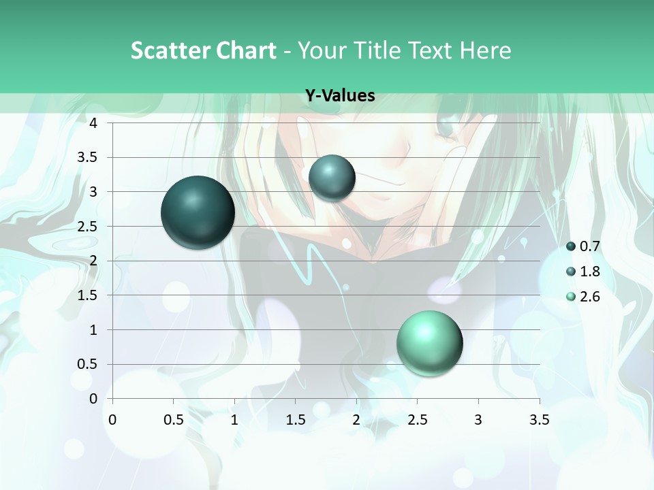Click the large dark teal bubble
click(198, 212)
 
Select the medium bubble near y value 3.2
click(332, 178)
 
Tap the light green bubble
click(429, 343)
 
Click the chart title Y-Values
click(339, 96)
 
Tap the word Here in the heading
click(485, 50)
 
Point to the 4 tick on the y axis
click(93, 123)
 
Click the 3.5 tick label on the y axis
click(88, 158)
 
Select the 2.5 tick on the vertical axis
click(88, 227)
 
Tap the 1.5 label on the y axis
click(88, 295)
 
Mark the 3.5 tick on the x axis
click(539, 420)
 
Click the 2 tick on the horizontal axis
click(356, 420)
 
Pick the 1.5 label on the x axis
click(295, 420)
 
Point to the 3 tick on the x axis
click(478, 420)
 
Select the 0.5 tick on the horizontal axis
click(173, 420)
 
